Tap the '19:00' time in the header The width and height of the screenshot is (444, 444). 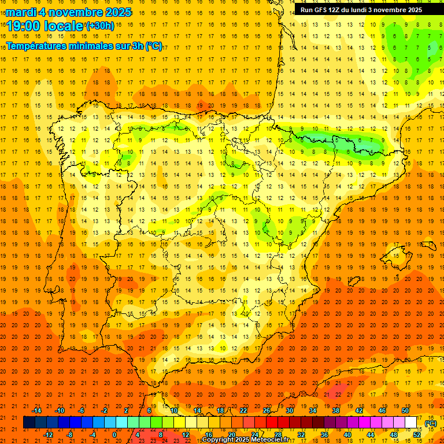point(23,26)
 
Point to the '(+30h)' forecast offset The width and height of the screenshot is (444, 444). point(100,26)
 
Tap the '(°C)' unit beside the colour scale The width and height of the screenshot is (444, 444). point(431,423)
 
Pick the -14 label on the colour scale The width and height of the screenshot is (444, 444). point(37,410)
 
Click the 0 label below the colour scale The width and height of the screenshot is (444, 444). point(114,434)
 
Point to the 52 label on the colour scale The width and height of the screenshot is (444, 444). point(417,434)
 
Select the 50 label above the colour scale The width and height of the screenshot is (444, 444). point(405,410)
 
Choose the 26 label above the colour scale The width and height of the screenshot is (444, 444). point(267,410)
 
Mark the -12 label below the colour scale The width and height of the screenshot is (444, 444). point(49,434)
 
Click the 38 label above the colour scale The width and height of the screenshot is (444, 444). point(336,410)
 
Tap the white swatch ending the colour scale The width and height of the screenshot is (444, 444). point(411,423)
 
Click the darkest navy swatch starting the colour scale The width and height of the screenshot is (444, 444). point(29,423)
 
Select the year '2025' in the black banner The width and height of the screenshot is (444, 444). point(412,10)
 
